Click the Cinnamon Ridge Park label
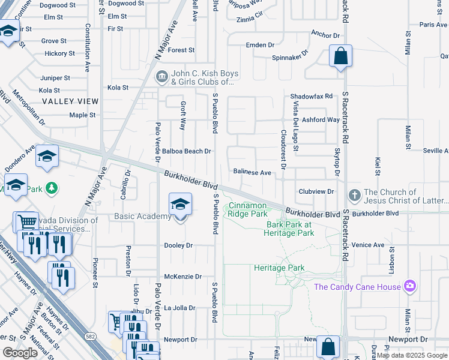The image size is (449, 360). [x=247, y=209]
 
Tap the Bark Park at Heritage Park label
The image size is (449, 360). [x=290, y=229]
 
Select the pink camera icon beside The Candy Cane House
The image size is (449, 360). [x=411, y=285]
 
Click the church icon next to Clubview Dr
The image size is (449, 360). [x=355, y=195]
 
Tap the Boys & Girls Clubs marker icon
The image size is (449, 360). [x=162, y=77]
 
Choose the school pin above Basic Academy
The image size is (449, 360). [x=179, y=205]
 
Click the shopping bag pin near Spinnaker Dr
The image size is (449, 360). [x=340, y=57]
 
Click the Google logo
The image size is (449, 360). [x=20, y=353]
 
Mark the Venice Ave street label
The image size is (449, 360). [x=385, y=245]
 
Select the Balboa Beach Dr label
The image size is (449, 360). [x=187, y=151]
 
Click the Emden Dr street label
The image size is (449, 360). [x=260, y=45]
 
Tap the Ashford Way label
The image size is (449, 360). [x=321, y=119]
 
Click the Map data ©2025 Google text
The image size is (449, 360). [x=412, y=355]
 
